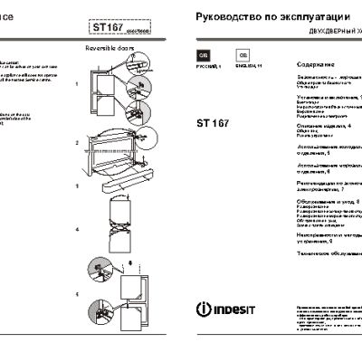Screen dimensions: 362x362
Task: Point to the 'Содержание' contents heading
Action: click(316, 65)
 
